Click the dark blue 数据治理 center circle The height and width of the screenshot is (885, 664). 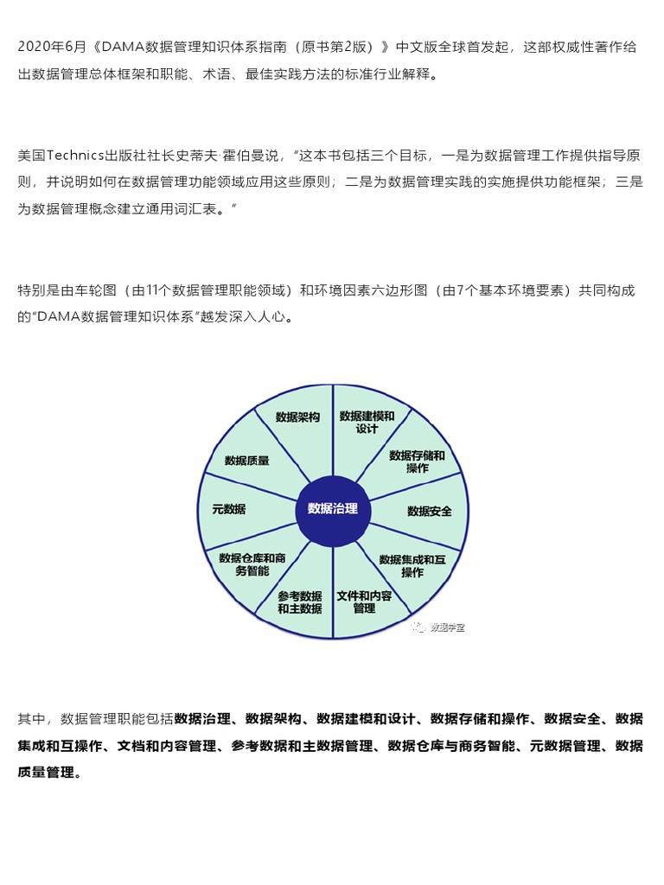pyautogui.click(x=333, y=509)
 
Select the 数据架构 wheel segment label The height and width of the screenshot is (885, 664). pyautogui.click(x=297, y=417)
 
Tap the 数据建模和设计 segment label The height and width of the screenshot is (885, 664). pyautogui.click(x=367, y=422)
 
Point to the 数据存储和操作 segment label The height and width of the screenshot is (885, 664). pyautogui.click(x=417, y=462)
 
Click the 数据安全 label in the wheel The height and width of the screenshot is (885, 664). pyautogui.click(x=430, y=512)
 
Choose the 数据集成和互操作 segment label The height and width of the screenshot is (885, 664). pyautogui.click(x=412, y=566)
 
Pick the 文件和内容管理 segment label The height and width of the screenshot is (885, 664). pyautogui.click(x=364, y=602)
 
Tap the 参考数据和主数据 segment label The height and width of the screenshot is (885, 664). pyautogui.click(x=300, y=602)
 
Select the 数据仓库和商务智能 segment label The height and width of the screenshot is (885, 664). pyautogui.click(x=252, y=564)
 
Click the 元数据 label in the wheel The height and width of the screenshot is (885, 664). pyautogui.click(x=229, y=510)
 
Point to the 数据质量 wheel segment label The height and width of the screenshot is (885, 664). pyautogui.click(x=246, y=462)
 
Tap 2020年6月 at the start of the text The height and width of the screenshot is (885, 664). pyautogui.click(x=47, y=48)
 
